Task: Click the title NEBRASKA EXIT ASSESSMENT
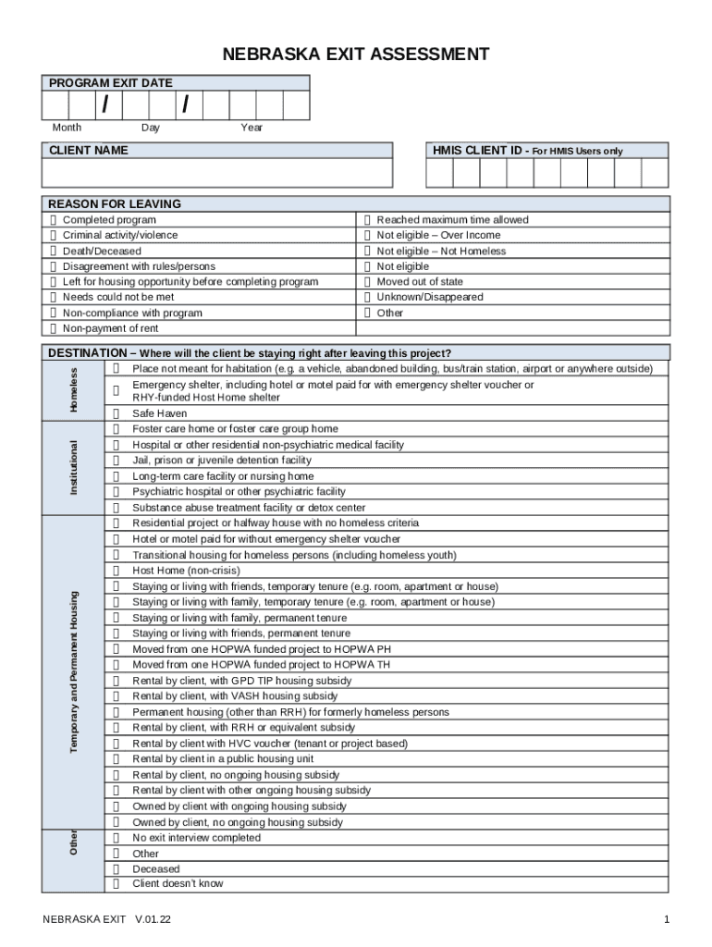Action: [x=356, y=55]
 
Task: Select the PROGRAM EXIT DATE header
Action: [x=111, y=83]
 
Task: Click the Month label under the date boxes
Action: [x=66, y=128]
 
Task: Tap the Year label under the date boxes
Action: [x=252, y=128]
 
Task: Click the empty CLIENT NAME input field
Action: [x=217, y=173]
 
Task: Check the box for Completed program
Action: [x=54, y=220]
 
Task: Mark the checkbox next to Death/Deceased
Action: [x=54, y=252]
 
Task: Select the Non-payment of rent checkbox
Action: [x=54, y=329]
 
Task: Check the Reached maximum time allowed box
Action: [x=367, y=220]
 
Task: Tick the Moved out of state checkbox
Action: [x=367, y=282]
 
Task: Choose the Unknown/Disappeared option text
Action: [x=429, y=298]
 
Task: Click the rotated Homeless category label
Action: [x=76, y=390]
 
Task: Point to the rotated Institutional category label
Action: [x=76, y=467]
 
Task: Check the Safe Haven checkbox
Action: [x=117, y=414]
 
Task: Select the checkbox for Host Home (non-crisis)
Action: [x=117, y=572]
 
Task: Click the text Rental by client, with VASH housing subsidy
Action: [x=235, y=696]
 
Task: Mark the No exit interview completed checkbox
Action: [x=117, y=838]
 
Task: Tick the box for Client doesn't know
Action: [x=117, y=884]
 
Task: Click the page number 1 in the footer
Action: [x=666, y=920]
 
